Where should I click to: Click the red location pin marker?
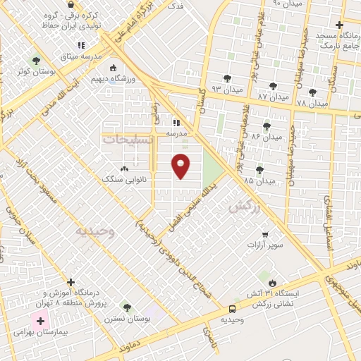181,165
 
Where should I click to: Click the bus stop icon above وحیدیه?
232,309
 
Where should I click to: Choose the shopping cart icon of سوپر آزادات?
264,235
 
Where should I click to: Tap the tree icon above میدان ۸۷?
273,86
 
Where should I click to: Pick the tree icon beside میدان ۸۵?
260,170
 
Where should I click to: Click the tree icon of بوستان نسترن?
126,307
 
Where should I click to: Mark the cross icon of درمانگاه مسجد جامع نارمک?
340,24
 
